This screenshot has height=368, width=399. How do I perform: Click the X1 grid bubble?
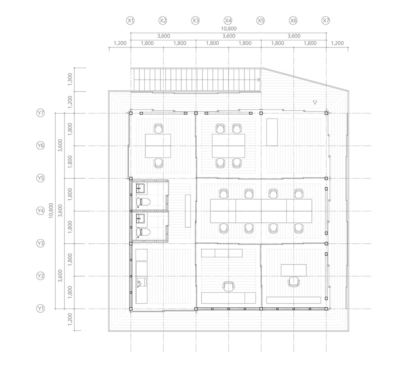click(x=131, y=20)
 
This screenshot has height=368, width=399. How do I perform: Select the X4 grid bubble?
click(x=228, y=20)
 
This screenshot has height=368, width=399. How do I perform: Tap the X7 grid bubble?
click(x=326, y=20)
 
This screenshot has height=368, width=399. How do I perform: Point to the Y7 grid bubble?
click(x=40, y=113)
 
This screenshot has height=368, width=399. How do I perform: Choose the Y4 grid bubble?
click(x=40, y=211)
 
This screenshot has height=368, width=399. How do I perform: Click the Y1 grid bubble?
click(x=40, y=309)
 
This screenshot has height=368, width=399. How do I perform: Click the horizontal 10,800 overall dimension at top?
click(x=229, y=29)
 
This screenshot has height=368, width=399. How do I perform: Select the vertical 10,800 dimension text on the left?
click(x=51, y=210)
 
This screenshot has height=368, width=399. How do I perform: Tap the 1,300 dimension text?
click(x=70, y=79)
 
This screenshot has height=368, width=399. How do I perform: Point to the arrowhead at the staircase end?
click(x=259, y=79)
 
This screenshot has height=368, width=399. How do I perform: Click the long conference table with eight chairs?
click(x=261, y=211)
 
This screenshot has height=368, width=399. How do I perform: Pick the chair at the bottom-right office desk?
click(x=293, y=282)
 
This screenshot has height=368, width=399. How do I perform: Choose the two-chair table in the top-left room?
click(x=158, y=146)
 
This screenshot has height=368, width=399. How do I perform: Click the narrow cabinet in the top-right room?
click(x=272, y=132)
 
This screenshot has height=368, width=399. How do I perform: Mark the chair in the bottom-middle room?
click(x=228, y=286)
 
